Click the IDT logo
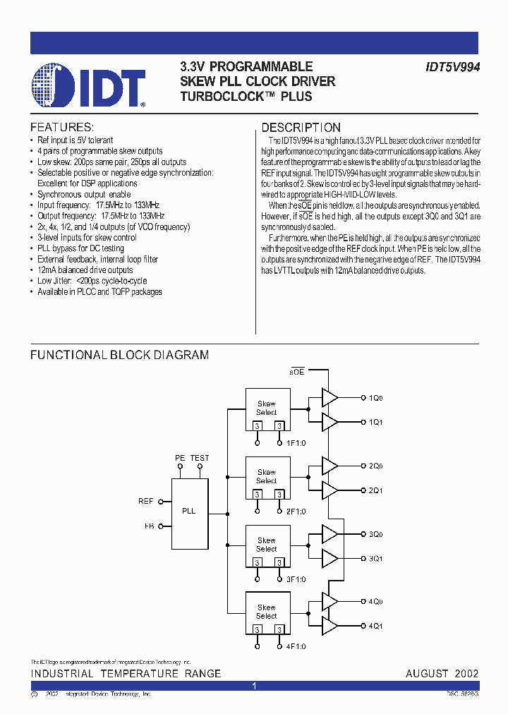tap(88, 85)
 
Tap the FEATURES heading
tap(61, 128)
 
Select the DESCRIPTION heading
tap(301, 128)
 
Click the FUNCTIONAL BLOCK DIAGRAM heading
tap(119, 355)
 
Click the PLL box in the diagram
tap(189, 511)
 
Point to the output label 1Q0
tap(375, 398)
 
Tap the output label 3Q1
tap(375, 558)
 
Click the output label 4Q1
tap(375, 625)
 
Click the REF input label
tap(145, 501)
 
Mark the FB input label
tap(148, 526)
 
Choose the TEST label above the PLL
tap(200, 458)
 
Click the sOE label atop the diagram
tap(297, 371)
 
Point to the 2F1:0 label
tap(296, 511)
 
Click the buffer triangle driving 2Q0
tap(329, 466)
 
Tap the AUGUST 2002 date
tap(442, 674)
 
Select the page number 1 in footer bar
tap(254, 686)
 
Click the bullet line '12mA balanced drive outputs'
tap(85, 270)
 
